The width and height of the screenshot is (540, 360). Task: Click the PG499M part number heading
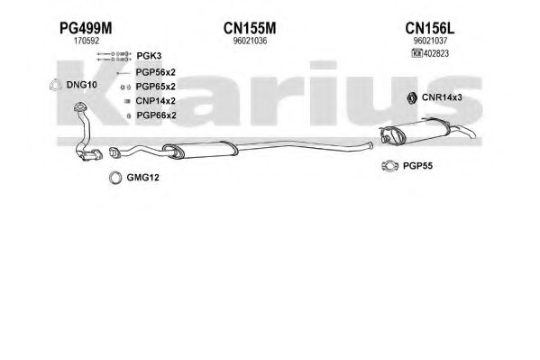pos(86,28)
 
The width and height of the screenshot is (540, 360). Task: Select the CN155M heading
pos(250,28)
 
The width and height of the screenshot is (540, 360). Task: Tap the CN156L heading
pos(430,28)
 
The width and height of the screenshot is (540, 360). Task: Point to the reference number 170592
pos(87,41)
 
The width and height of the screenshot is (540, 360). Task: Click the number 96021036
pos(250,41)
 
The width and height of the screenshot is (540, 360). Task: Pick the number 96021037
pos(430,41)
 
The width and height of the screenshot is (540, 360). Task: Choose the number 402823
pos(436,53)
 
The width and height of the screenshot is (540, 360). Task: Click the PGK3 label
pos(149,56)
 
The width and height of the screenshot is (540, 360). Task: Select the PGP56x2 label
pos(156,72)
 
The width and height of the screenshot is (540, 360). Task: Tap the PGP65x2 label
pos(156,87)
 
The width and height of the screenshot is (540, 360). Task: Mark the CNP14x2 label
pos(156,101)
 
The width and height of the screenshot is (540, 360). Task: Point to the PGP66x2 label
pos(156,115)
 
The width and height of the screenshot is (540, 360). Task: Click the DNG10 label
pos(82,85)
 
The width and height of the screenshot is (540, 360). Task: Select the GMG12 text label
pos(143,178)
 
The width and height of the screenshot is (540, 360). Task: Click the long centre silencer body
pos(200,150)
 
